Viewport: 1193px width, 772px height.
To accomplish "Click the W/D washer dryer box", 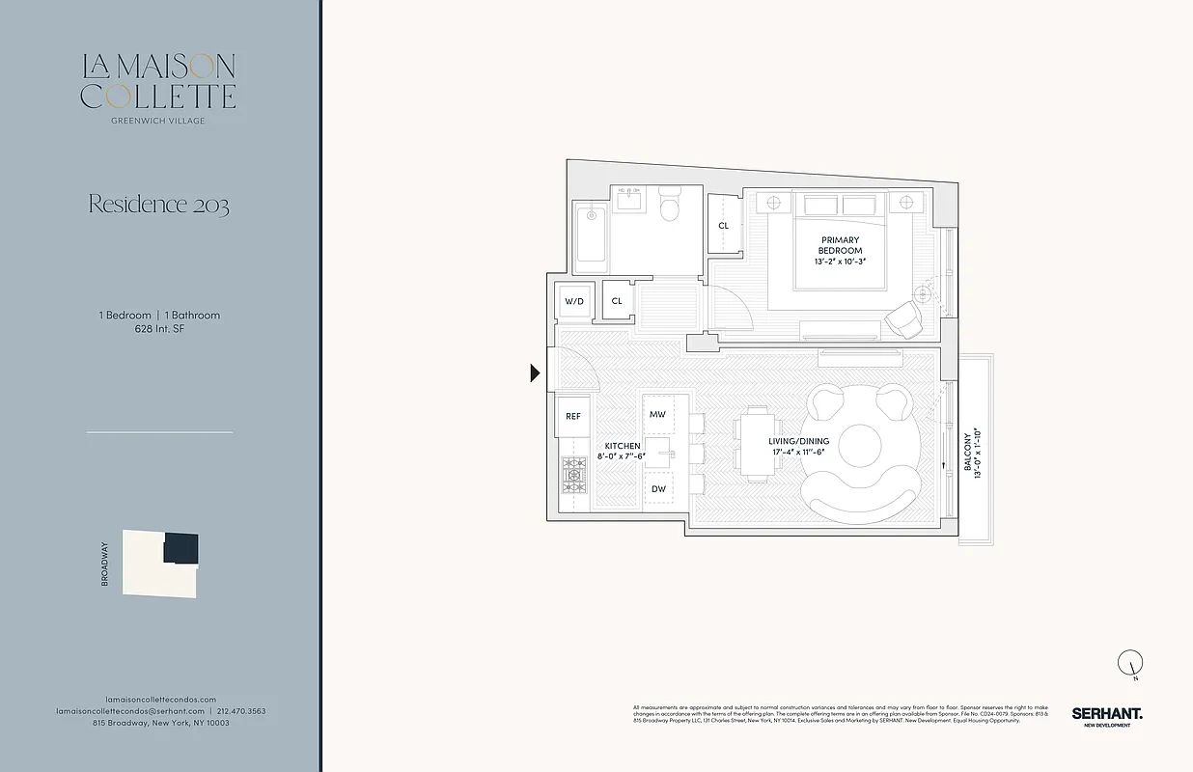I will (574, 301).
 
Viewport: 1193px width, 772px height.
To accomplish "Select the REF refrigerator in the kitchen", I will (573, 416).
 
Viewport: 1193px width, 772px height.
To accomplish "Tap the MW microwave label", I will (657, 414).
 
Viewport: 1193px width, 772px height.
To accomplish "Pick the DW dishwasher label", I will (658, 489).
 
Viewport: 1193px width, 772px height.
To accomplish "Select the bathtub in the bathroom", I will (588, 237).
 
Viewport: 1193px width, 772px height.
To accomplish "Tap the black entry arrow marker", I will (535, 372).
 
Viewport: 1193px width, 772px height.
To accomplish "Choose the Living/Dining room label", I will (800, 441).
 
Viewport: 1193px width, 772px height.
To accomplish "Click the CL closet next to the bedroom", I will (723, 226).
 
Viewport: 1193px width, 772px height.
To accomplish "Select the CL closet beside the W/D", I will (617, 301).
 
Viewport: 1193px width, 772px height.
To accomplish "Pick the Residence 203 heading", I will (158, 205).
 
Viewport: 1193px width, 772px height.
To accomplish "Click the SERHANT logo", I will (1106, 713).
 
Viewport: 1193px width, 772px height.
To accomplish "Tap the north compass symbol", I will (1130, 663).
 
